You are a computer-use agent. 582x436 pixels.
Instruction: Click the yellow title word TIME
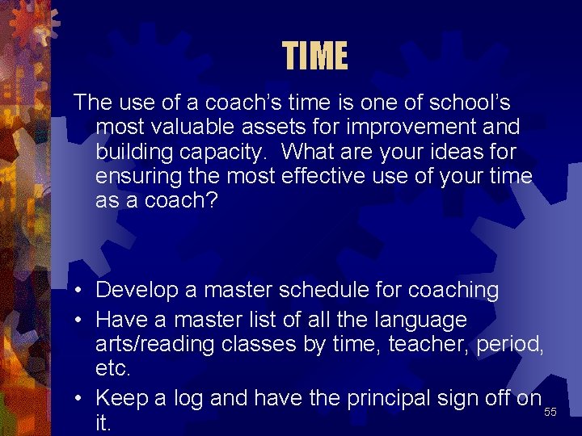[315, 57]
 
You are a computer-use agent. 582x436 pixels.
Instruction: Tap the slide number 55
[550, 413]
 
